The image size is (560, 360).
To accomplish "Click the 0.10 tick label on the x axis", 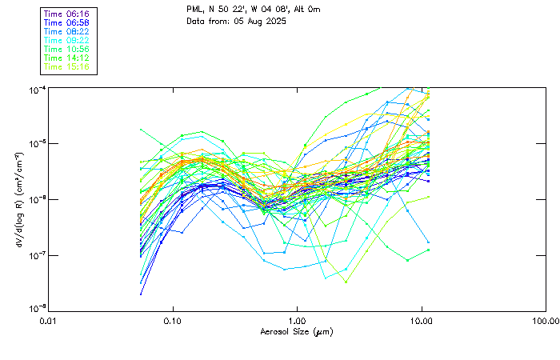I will pos(172,321).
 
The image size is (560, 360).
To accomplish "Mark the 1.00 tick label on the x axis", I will pos(297,321).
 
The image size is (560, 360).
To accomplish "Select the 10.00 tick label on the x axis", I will pos(422,321).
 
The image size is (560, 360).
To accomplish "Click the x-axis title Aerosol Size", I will pos(297,331).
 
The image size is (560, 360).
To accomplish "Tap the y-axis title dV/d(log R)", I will pos(14,198).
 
